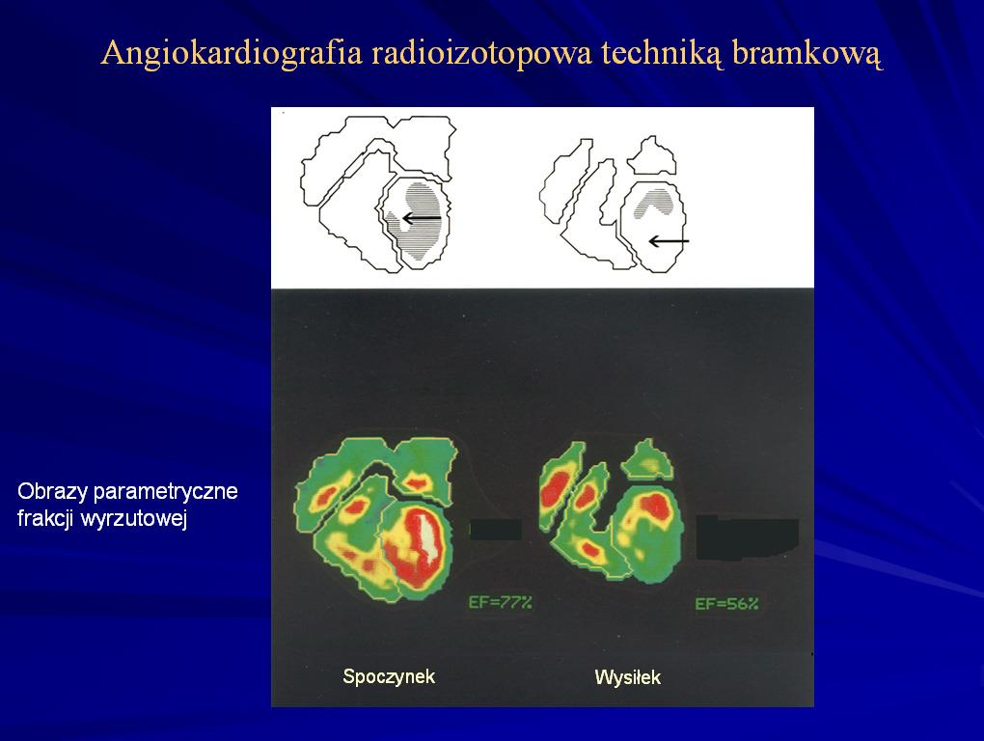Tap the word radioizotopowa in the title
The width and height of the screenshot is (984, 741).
481,53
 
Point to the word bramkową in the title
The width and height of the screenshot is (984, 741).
807,54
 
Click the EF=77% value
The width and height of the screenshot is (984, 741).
500,602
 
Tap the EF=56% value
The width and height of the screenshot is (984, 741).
726,604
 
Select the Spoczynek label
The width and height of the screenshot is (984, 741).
389,676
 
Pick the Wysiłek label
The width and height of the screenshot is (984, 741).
628,677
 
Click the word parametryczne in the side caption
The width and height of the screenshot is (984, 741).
165,492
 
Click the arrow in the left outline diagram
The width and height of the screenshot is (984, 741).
422,218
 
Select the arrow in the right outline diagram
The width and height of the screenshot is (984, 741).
669,241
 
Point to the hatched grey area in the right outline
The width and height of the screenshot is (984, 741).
654,203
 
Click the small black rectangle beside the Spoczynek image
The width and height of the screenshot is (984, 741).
496,530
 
